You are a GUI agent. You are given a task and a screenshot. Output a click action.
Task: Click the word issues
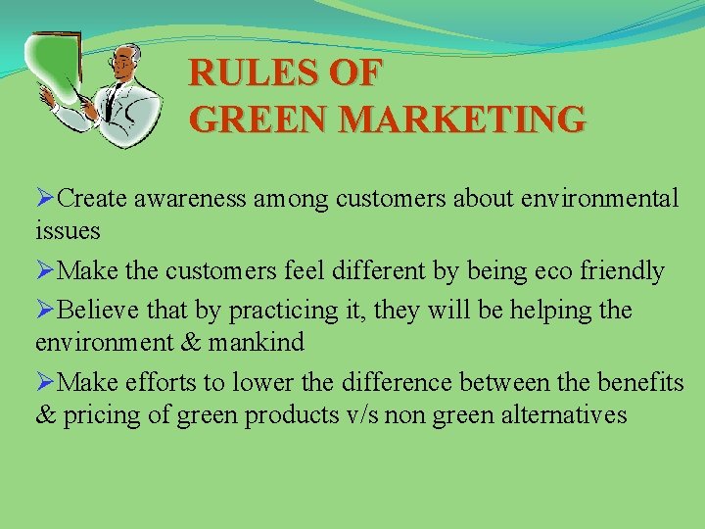[x=68, y=231]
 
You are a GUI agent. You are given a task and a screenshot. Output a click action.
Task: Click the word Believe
[x=101, y=311]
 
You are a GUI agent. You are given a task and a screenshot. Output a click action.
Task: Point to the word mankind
[x=261, y=342]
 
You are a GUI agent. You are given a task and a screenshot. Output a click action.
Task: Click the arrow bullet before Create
[x=45, y=199]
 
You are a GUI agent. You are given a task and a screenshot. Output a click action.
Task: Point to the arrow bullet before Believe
[x=45, y=311]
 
